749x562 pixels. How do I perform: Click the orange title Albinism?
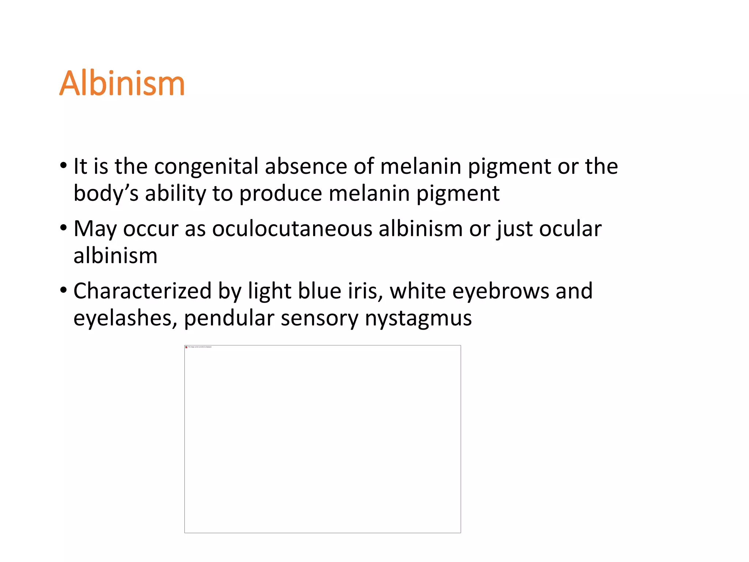pos(122,83)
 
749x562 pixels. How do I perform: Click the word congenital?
pos(206,166)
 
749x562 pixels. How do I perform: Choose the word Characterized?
pos(143,291)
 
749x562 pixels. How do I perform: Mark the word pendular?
pos(229,318)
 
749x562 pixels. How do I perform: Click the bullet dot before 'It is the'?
pos(64,166)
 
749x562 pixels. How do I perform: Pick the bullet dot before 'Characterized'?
pos(64,291)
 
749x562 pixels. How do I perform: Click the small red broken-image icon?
pos(187,347)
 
